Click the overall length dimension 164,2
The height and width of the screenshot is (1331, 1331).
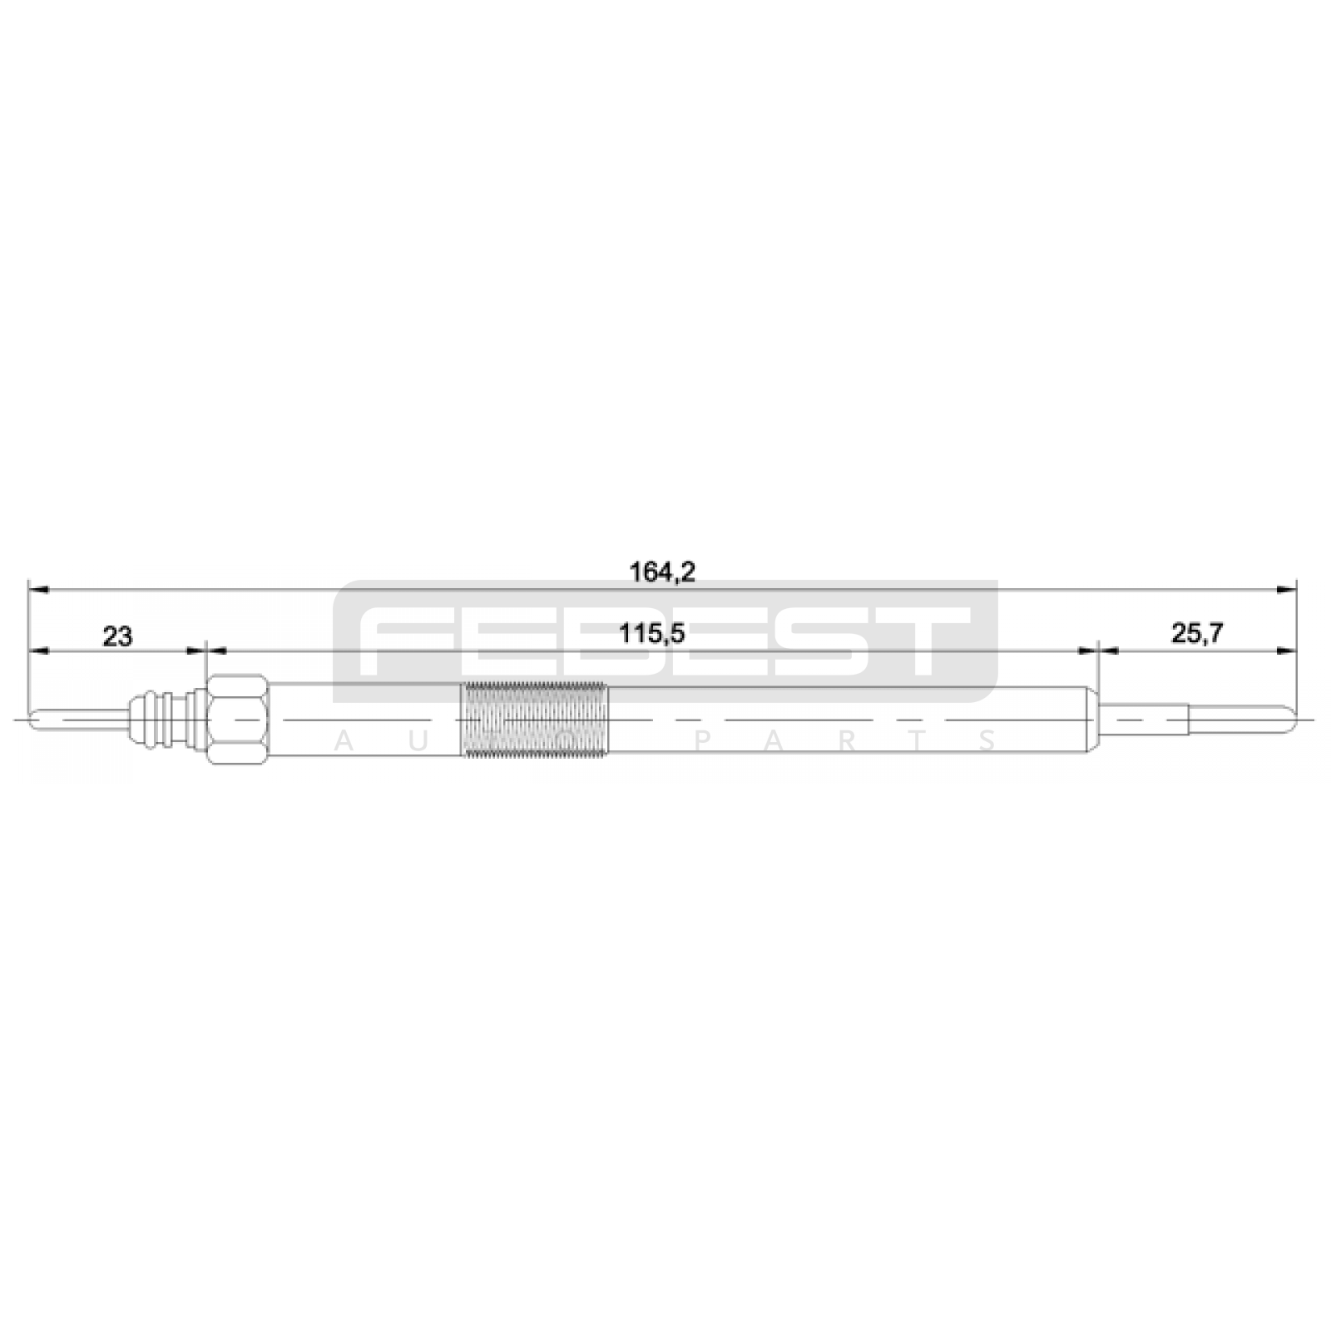tap(662, 572)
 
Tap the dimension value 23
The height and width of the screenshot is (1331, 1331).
tap(116, 636)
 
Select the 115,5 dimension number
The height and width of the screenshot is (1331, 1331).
tap(651, 634)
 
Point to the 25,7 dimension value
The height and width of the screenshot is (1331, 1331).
tap(1197, 634)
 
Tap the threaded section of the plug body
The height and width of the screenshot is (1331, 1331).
tap(535, 719)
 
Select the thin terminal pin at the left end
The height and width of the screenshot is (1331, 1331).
tap(79, 719)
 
